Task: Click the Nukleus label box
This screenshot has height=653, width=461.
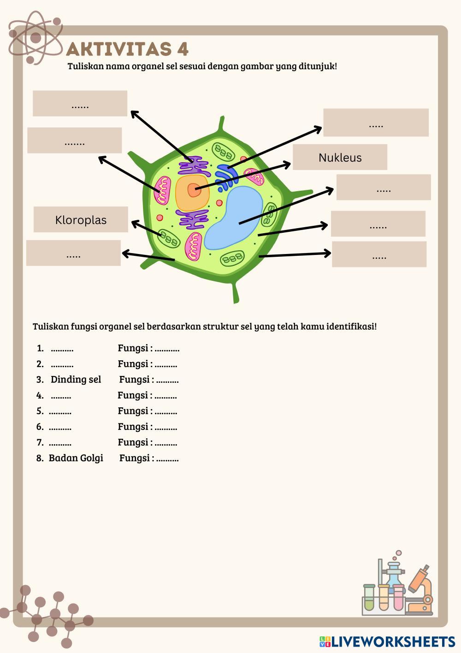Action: [x=340, y=157]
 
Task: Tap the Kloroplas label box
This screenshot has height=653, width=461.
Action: [x=81, y=219]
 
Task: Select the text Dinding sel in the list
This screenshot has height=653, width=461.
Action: [x=76, y=380]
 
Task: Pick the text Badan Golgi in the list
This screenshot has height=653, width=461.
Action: [x=76, y=458]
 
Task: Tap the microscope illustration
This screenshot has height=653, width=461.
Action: [x=420, y=591]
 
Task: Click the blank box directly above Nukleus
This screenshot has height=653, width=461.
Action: [x=376, y=122]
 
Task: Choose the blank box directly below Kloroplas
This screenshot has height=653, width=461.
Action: [x=73, y=253]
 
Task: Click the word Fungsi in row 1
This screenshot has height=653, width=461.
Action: [x=133, y=348]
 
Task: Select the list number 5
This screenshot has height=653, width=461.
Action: [x=40, y=411]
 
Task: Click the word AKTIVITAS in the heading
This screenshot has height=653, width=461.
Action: [x=118, y=49]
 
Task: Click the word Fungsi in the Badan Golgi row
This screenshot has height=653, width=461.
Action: [x=135, y=458]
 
